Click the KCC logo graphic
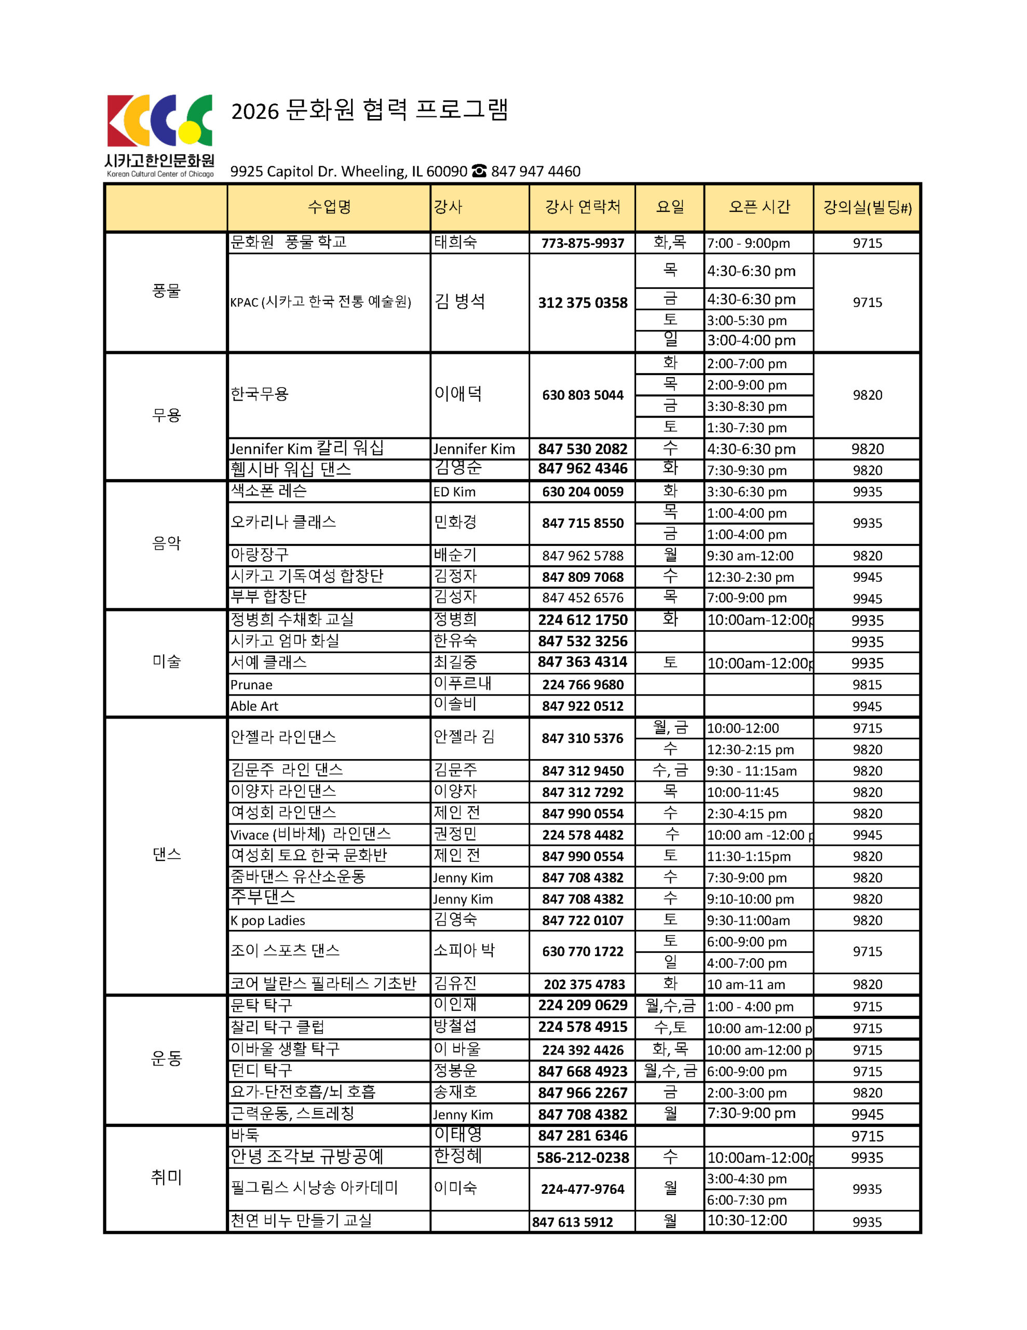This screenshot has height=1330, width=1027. tap(159, 121)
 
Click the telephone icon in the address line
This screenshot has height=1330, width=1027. tap(479, 171)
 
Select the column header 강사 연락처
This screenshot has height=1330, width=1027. tap(582, 207)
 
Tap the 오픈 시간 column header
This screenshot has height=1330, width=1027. tap(759, 207)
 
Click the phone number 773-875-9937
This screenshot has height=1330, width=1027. tap(582, 243)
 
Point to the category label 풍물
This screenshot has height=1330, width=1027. tap(166, 291)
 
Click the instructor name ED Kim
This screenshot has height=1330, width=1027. tap(454, 491)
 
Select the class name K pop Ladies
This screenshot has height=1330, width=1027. tap(267, 920)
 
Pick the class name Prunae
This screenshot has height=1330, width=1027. tap(251, 685)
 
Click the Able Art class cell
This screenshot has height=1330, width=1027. tap(254, 706)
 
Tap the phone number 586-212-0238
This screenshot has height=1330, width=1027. tap(582, 1158)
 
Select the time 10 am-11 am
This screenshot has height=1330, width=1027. tap(746, 984)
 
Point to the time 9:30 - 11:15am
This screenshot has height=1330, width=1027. tap(751, 771)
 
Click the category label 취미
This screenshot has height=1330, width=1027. tap(166, 1177)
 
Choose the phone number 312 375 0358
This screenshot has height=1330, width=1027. tap(582, 303)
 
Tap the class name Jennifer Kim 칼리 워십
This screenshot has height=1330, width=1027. tap(307, 449)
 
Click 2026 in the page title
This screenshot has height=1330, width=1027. tap(254, 112)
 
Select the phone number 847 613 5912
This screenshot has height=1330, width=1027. tap(572, 1221)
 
